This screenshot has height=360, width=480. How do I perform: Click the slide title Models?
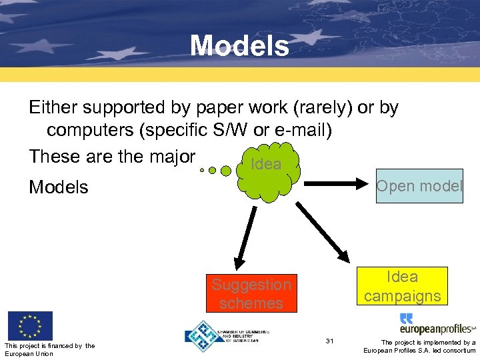pos(239,46)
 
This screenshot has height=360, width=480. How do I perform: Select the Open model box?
pos(419,186)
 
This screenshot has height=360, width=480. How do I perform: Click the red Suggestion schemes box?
pos(251,293)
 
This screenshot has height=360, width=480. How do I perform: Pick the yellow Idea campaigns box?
pos(402,286)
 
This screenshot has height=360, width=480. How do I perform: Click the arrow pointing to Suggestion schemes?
pos(244,236)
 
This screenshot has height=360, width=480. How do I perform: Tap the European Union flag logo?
pos(30,326)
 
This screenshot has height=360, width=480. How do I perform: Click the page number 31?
pos(329,341)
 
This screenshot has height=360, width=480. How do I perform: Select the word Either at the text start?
pos(53,107)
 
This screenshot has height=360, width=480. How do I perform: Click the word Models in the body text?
pos(59,187)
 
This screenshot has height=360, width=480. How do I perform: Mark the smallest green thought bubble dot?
pos(202,170)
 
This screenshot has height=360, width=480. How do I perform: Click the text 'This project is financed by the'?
pos(49,345)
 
